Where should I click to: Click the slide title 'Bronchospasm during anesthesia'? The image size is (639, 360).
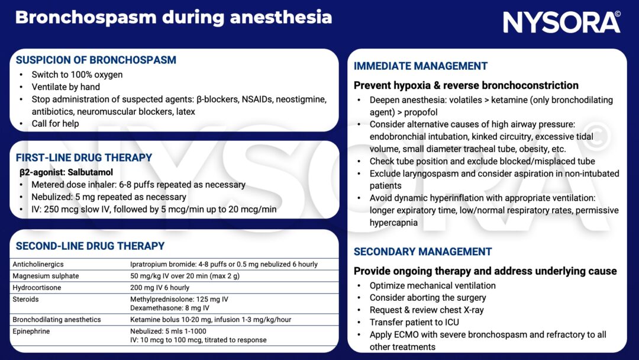[173, 17]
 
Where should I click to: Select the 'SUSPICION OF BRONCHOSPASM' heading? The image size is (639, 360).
[96, 60]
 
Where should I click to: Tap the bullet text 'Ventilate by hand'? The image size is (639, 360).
[66, 87]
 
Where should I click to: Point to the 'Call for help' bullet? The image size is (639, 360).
[55, 124]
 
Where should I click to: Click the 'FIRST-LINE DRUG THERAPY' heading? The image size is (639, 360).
[83, 158]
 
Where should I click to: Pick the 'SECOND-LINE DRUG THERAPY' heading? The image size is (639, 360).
[90, 246]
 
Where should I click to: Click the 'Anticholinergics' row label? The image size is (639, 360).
[38, 264]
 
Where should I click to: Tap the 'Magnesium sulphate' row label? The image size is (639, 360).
[46, 276]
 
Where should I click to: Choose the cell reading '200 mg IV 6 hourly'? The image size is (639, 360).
[160, 288]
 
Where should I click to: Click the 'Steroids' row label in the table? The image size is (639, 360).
[25, 300]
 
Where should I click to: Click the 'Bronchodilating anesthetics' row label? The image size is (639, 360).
[57, 320]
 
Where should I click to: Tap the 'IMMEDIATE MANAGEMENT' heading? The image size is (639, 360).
[421, 66]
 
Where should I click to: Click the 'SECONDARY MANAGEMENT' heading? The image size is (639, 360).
[422, 252]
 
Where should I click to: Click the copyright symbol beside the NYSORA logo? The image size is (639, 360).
[617, 14]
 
